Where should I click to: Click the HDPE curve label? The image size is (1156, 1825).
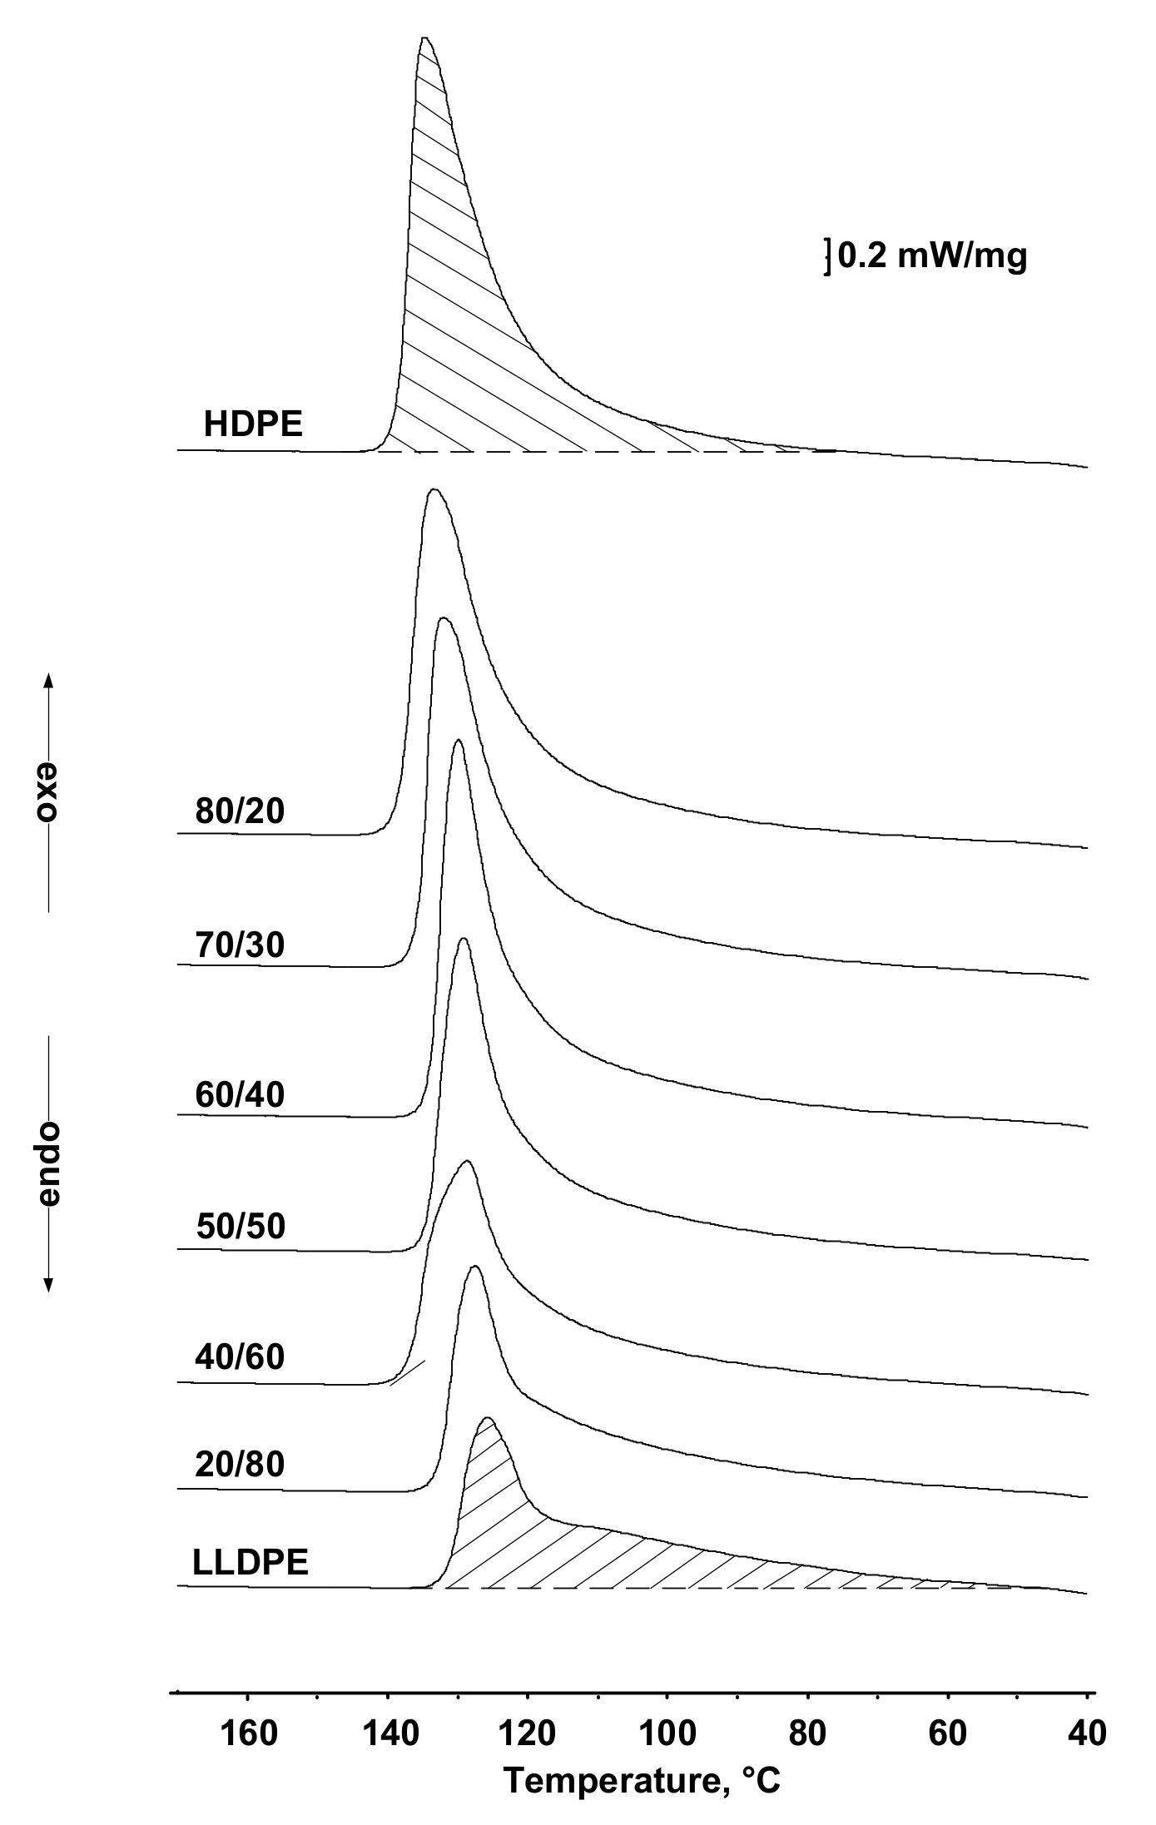[x=253, y=425]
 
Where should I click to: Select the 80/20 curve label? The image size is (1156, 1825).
[x=240, y=811]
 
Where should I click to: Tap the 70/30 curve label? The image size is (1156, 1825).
[x=240, y=945]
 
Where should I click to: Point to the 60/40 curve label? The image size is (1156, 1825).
[x=240, y=1094]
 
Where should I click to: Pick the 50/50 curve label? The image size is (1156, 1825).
[x=241, y=1226]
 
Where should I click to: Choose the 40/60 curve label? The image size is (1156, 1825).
[x=240, y=1357]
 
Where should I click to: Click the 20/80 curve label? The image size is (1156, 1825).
[x=240, y=1464]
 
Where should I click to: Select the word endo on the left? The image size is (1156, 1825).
[x=48, y=1163]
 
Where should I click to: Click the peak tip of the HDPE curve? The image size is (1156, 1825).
[x=424, y=38]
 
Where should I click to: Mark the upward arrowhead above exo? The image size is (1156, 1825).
[x=48, y=679]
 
